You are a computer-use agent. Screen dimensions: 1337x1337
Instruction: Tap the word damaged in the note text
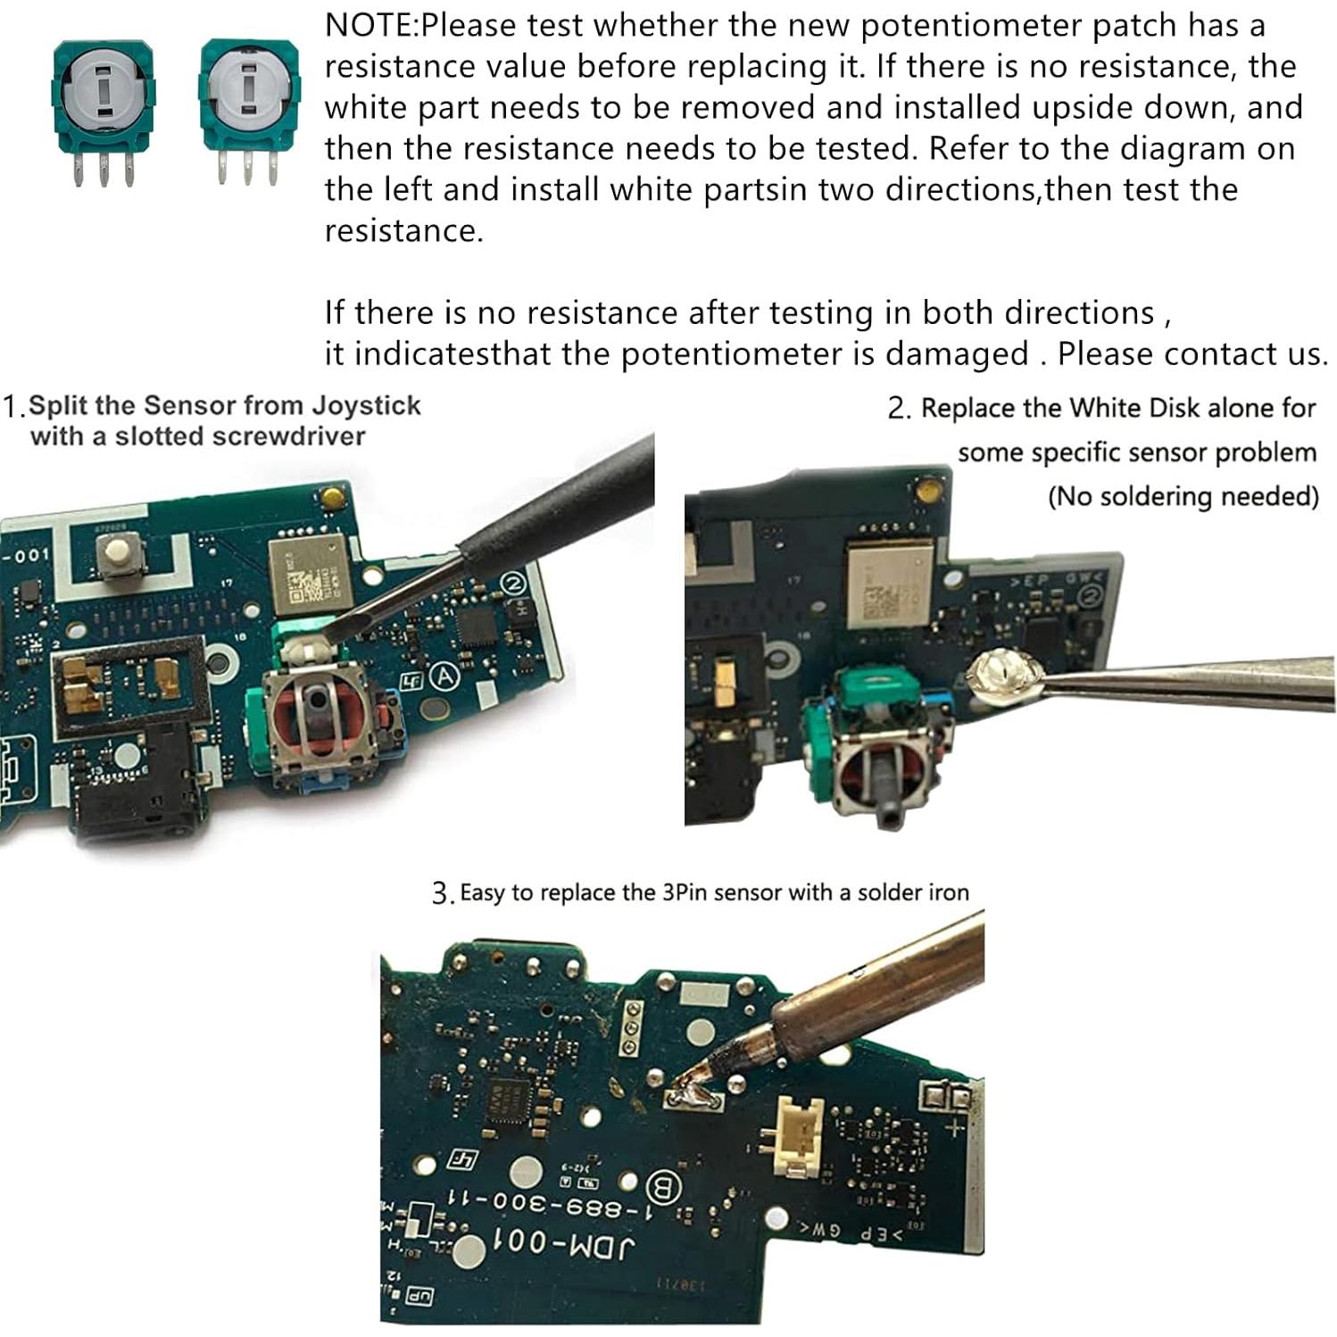click(957, 354)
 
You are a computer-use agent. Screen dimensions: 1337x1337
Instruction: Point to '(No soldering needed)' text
click(1183, 496)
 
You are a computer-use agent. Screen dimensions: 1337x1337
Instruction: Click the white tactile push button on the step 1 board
click(115, 560)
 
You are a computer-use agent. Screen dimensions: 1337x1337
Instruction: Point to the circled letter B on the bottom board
click(662, 1186)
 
